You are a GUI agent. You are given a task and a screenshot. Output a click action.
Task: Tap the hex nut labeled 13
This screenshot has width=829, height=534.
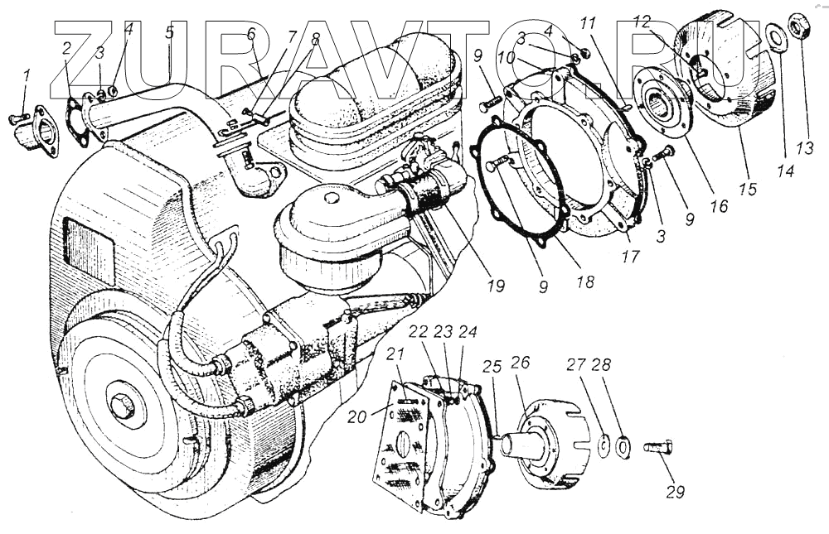pyautogui.click(x=799, y=27)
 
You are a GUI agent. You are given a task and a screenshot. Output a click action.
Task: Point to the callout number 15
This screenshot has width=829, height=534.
pyautogui.click(x=748, y=189)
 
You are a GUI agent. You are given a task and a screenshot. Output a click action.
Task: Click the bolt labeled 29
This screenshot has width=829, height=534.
pyautogui.click(x=657, y=449)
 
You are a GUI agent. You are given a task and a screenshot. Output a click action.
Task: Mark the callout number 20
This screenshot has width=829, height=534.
pyautogui.click(x=356, y=418)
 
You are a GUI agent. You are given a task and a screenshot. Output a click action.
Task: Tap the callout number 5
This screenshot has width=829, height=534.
pyautogui.click(x=169, y=33)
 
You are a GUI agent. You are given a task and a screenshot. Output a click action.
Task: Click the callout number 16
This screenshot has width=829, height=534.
pyautogui.click(x=719, y=205)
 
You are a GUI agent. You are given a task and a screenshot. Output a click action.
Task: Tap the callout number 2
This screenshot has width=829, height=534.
pyautogui.click(x=67, y=47)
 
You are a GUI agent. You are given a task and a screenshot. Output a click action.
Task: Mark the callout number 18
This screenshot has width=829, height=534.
pyautogui.click(x=585, y=281)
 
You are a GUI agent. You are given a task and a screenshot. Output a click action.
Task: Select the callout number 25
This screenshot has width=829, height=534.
pyautogui.click(x=492, y=365)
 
